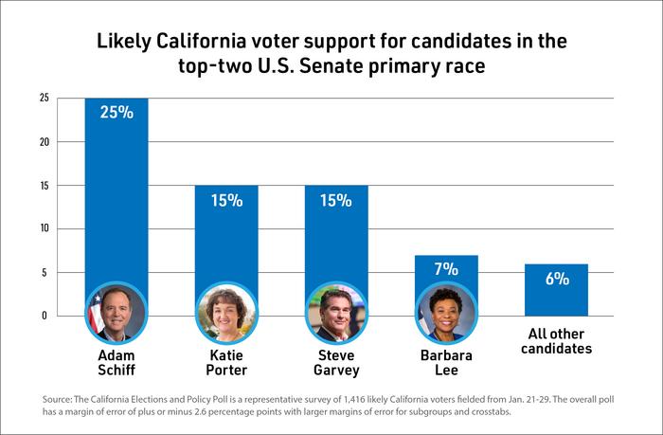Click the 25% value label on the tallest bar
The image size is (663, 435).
116,113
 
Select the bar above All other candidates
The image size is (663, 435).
557,290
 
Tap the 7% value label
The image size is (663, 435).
446,270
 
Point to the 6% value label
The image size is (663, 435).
557,279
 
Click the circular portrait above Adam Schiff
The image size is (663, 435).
116,312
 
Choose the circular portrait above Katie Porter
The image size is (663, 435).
226,312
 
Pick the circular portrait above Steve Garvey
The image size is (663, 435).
336,312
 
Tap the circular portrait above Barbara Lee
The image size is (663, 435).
446,312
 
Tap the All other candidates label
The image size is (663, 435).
557,341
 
